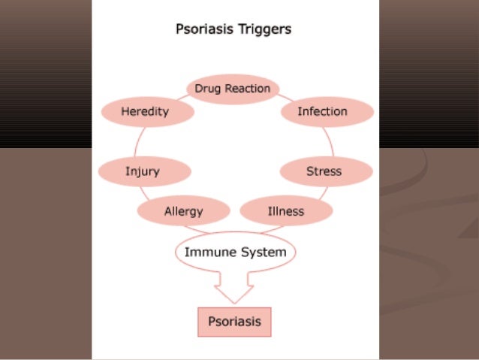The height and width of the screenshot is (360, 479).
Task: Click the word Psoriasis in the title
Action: click(202, 31)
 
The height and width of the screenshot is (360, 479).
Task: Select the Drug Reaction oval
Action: click(233, 89)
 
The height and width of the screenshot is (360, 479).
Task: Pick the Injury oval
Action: click(143, 171)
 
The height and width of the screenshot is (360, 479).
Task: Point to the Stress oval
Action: click(324, 171)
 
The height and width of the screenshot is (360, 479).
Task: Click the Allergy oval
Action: click(183, 211)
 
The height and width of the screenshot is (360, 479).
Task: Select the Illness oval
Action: click(286, 211)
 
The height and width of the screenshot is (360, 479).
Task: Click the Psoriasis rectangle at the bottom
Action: click(233, 322)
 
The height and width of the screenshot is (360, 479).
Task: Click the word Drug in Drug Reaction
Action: click(207, 89)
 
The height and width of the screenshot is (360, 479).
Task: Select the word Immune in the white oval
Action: click(206, 253)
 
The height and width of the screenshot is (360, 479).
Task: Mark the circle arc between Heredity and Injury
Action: click(135, 142)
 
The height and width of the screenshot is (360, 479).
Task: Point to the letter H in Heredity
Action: click(125, 112)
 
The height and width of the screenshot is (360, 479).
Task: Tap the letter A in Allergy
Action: click(167, 211)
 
